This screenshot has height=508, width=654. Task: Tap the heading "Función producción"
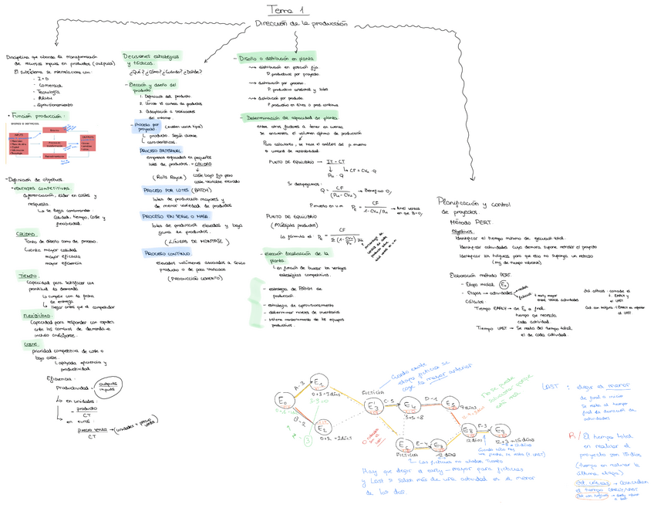[39, 115]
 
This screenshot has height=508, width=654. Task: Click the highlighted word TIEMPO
[28, 275]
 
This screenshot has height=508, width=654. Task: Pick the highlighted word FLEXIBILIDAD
[37, 315]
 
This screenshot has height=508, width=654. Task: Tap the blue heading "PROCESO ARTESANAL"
[160, 151]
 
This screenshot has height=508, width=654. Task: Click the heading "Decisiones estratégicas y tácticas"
[150, 59]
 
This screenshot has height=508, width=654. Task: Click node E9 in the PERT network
[506, 430]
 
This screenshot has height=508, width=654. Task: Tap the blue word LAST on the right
[551, 385]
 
